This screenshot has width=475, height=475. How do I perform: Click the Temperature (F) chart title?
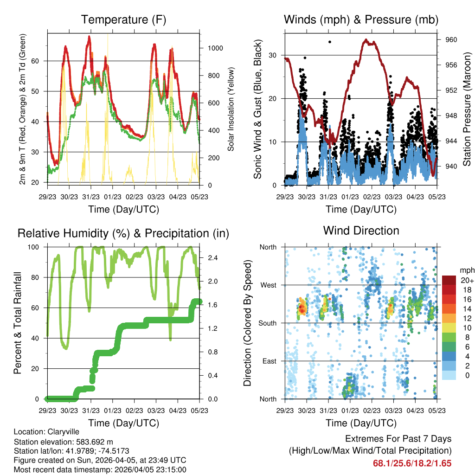(x=123, y=20)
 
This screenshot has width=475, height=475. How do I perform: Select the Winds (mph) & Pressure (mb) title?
(x=361, y=20)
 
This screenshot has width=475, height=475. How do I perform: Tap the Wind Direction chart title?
(x=361, y=231)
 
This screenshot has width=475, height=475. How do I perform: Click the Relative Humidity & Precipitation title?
(x=123, y=233)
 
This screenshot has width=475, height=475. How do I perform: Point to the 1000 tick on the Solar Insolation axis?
(x=215, y=48)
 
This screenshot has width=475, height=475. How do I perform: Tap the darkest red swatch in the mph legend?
(x=449, y=280)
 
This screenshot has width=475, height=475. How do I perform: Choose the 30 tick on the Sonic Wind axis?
(x=274, y=55)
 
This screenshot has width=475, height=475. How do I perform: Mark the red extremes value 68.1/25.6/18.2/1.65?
(x=412, y=463)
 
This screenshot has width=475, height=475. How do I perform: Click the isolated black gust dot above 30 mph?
(x=330, y=42)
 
